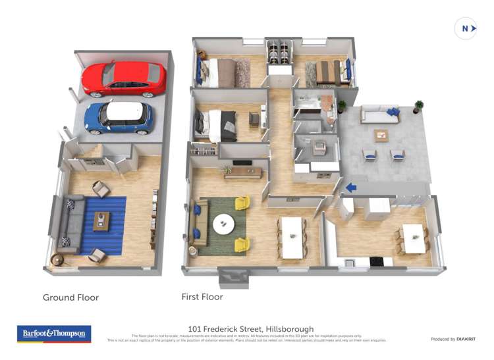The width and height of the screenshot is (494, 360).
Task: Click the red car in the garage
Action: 124,79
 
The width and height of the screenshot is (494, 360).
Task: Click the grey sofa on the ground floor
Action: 69,224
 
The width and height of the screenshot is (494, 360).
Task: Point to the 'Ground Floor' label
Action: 70,297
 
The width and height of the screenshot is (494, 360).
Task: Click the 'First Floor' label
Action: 202,297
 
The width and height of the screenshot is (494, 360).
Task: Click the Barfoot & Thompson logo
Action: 53,334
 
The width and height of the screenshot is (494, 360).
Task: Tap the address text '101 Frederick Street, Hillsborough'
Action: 251,329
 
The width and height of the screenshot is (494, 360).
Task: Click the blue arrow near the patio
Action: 351,188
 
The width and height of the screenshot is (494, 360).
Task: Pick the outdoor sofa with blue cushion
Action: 381,116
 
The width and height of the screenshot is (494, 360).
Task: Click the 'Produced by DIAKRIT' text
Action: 453,339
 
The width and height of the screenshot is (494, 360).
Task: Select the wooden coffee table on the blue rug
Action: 101,220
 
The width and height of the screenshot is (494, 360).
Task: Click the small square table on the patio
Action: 381,135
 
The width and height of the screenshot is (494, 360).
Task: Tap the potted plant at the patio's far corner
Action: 418,106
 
